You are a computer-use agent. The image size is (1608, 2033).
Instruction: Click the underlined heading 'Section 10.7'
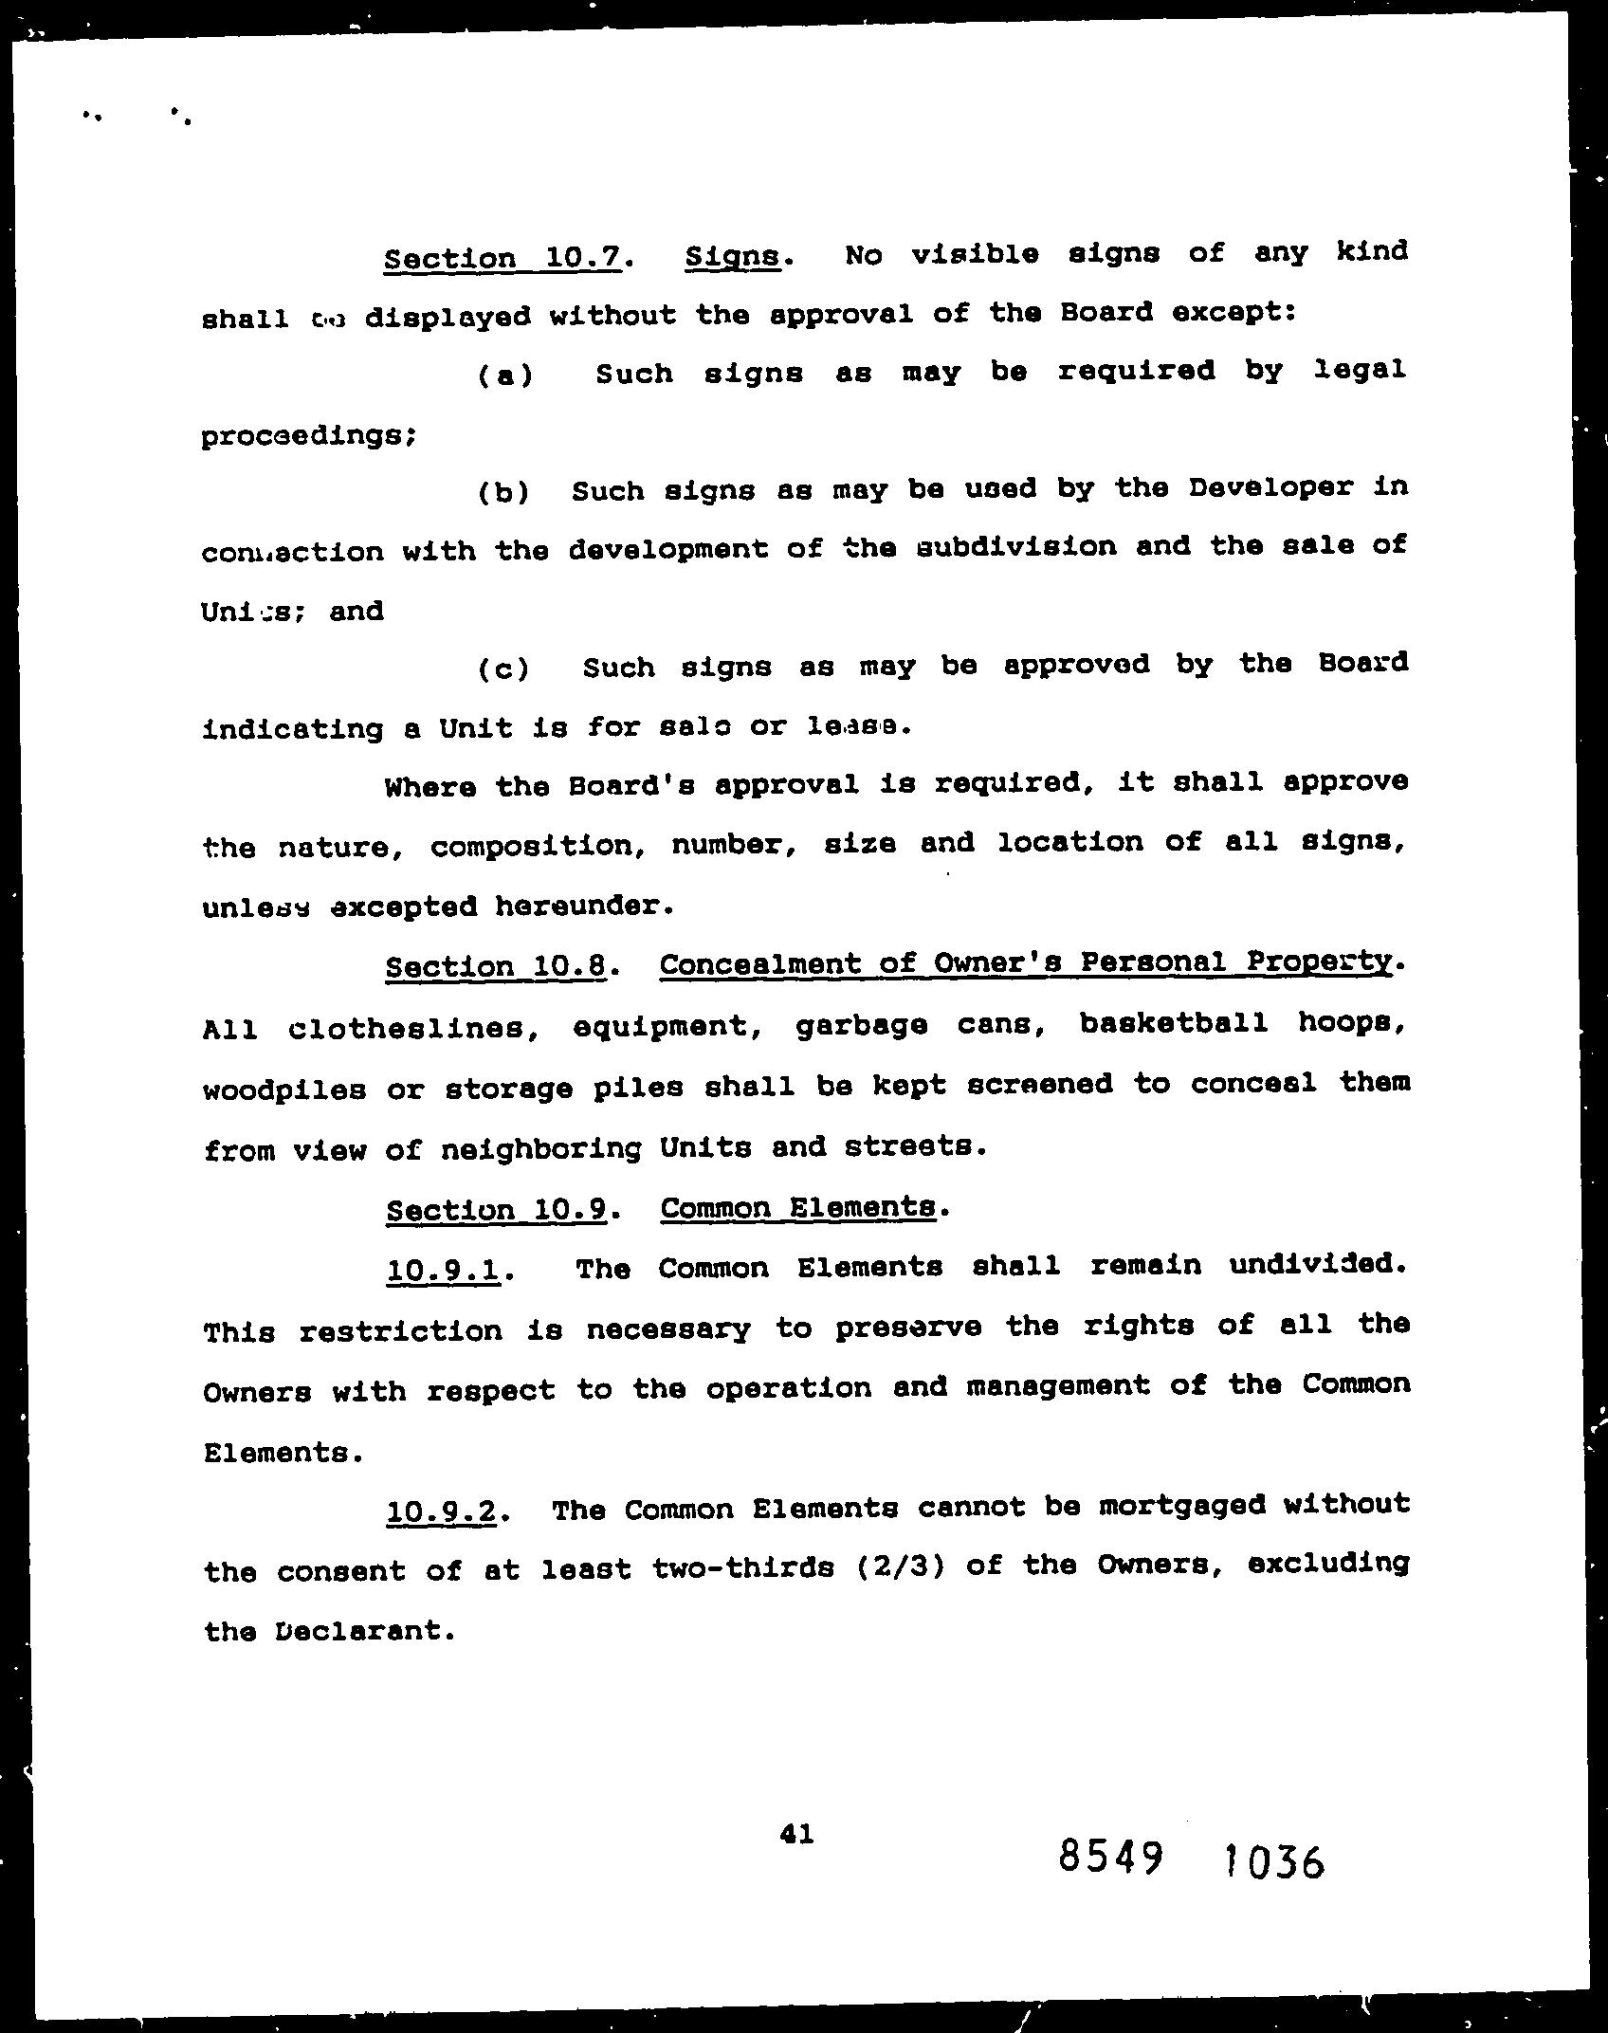(503, 258)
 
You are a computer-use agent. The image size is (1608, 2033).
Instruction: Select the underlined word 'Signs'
(732, 257)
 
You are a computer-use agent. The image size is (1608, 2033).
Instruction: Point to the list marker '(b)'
(502, 492)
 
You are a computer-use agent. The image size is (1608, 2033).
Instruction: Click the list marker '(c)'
(502, 669)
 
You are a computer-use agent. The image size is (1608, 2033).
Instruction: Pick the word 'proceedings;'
(308, 436)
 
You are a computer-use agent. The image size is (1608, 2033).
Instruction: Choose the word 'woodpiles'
(284, 1090)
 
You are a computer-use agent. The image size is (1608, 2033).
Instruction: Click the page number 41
(796, 1834)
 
